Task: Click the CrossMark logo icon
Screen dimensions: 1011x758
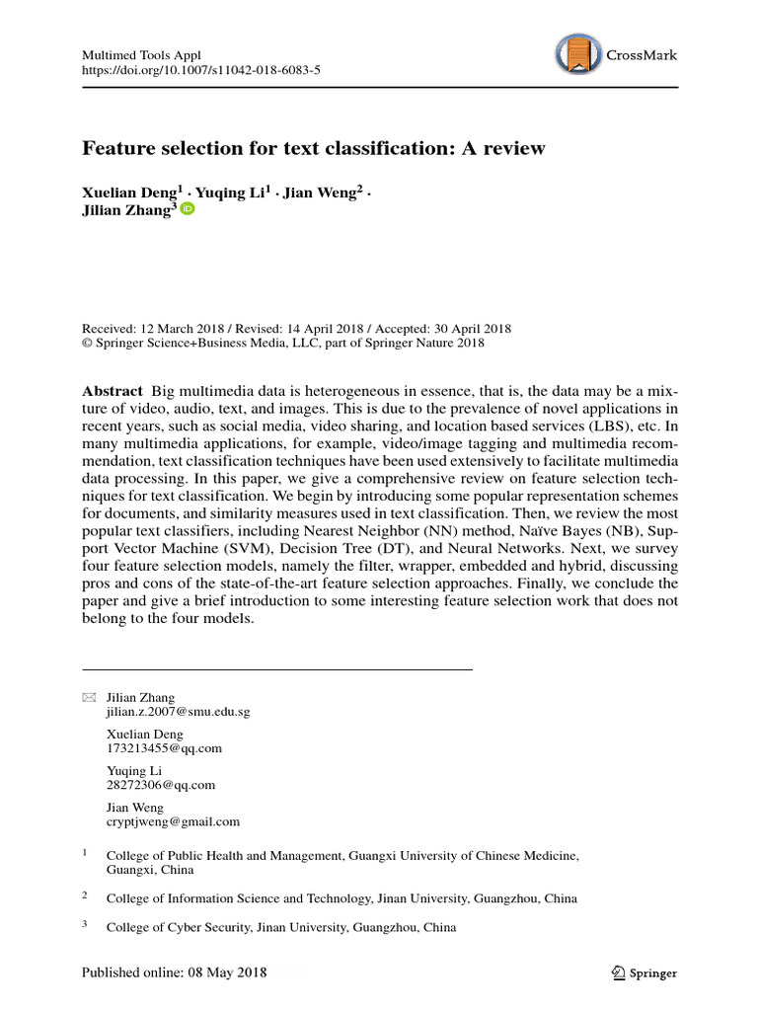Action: coord(577,55)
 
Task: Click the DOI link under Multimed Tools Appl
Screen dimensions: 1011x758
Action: coord(200,70)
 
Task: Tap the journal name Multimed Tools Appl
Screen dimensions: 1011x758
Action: coord(140,54)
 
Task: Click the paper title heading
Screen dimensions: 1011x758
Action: coord(313,148)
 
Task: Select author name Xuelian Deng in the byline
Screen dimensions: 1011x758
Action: coord(125,193)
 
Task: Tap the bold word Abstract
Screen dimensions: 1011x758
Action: coord(113,391)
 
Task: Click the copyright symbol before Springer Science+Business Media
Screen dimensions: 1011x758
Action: coord(87,344)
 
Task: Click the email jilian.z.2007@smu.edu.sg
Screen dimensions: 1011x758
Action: coord(178,711)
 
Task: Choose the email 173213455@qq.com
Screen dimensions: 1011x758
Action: coord(164,747)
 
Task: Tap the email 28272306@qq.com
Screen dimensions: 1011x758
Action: coord(160,785)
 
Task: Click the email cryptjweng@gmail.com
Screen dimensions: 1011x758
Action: coord(173,820)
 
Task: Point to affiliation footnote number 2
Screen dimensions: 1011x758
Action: coord(85,896)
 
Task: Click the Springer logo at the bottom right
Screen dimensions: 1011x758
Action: coord(643,973)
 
